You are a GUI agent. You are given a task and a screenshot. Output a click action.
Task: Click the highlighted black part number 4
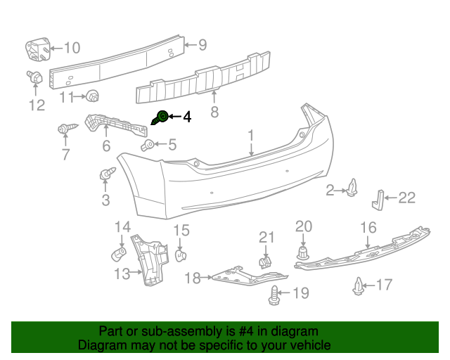point(161,117)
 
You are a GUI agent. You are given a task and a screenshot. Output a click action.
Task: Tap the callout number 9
point(202,45)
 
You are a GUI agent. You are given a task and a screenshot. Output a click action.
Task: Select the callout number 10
point(72,48)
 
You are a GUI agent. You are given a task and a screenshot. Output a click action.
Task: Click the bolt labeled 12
point(34,78)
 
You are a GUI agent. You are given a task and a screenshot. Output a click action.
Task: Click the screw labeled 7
point(63,129)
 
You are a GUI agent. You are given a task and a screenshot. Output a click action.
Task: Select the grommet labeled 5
point(148,146)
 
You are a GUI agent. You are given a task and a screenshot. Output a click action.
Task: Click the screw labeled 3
point(108,172)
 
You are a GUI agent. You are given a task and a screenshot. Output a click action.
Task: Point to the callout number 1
point(251,134)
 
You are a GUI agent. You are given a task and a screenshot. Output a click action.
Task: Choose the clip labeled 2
point(352,188)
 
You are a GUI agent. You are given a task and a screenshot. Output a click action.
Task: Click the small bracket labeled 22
point(378,199)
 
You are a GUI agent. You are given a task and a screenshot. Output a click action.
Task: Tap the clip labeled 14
point(119,252)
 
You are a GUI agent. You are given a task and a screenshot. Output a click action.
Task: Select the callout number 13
point(122,274)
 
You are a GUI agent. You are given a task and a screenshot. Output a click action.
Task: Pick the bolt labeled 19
point(275,297)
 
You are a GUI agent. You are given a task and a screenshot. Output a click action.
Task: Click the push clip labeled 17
point(359,286)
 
